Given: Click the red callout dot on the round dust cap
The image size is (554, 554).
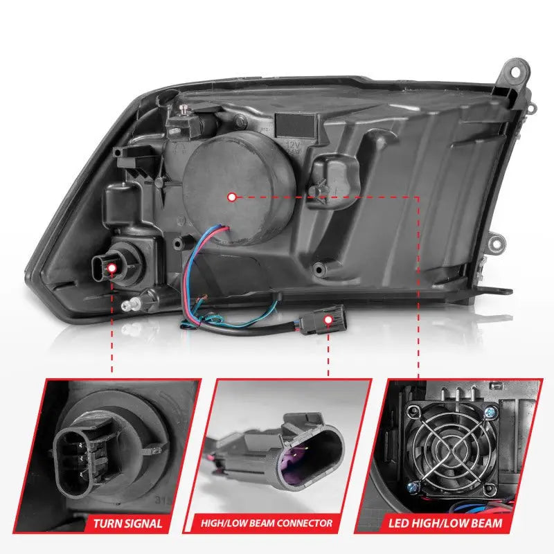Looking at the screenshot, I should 232,197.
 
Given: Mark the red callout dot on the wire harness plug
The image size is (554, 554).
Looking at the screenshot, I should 328,320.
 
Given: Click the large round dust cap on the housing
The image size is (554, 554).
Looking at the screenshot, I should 231,187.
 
